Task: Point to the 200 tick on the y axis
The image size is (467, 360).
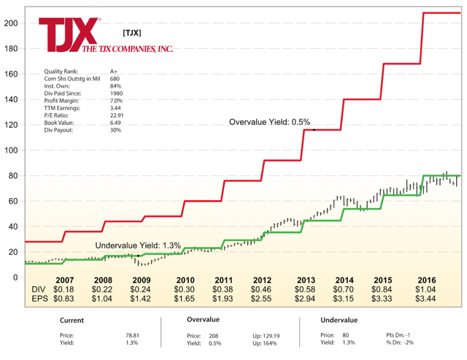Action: tap(9, 23)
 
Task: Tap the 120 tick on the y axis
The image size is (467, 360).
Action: tap(9, 125)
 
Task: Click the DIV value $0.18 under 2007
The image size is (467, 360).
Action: tap(64, 290)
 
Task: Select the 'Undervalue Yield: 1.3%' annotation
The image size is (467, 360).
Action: tap(138, 246)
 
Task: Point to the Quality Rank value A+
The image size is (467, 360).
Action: tap(114, 71)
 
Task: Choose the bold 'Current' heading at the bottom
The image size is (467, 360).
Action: tap(72, 320)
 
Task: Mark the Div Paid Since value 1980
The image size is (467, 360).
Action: tap(116, 93)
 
